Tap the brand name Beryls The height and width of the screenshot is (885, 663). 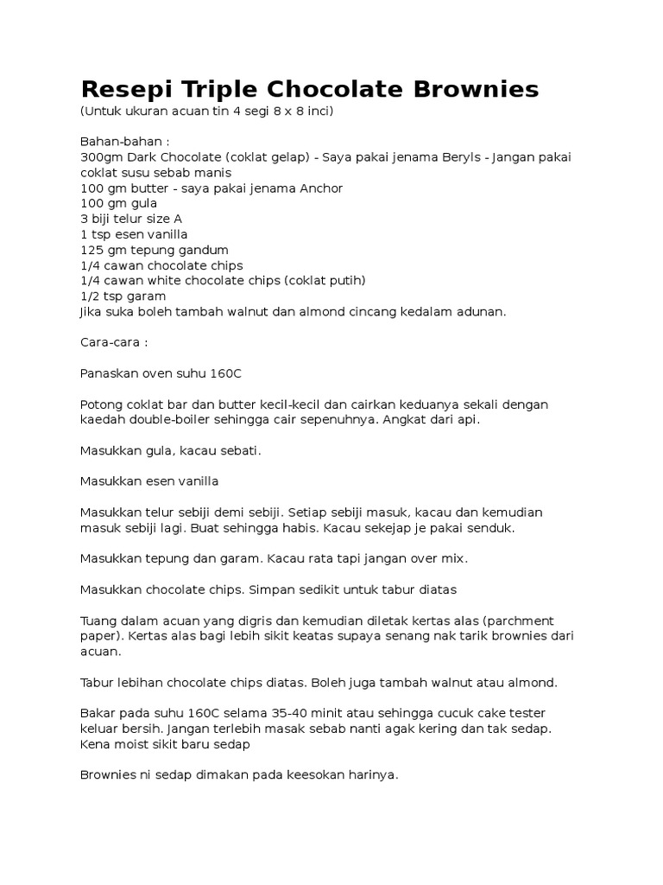click(442, 157)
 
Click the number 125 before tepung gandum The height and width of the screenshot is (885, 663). click(91, 250)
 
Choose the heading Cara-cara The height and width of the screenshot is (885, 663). click(113, 342)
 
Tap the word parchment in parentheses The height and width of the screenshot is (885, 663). click(522, 621)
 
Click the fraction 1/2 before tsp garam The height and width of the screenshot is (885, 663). click(89, 296)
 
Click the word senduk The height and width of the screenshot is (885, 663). click(494, 527)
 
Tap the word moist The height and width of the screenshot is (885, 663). click(129, 743)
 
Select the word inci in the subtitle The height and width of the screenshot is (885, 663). click(313, 111)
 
